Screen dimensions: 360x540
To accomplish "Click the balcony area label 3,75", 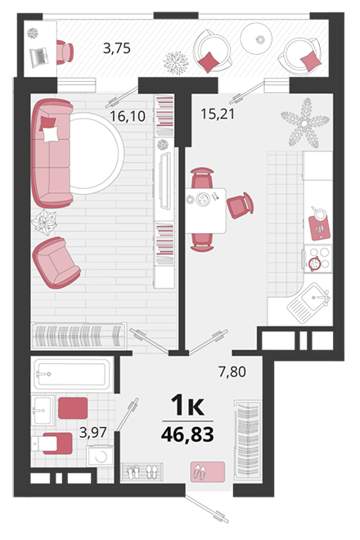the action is click(117, 48).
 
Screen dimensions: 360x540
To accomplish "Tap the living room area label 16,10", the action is click(128, 116).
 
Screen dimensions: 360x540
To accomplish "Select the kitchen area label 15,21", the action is click(218, 114).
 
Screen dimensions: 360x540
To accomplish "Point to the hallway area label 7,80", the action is click(232, 371).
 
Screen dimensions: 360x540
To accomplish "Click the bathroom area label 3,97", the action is click(92, 432).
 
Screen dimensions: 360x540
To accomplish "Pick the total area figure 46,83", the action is click(187, 434).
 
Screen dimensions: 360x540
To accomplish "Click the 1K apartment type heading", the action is click(187, 405).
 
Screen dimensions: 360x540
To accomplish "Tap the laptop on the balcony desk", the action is click(39, 57).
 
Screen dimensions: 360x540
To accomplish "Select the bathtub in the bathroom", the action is click(73, 374).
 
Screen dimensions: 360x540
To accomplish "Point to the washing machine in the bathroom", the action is click(100, 456).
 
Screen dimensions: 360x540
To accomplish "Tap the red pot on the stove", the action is click(314, 263).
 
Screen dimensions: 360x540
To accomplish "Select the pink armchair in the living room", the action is click(56, 263).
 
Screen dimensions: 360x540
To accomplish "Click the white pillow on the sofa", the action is click(51, 134).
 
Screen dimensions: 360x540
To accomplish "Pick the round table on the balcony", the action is click(256, 38).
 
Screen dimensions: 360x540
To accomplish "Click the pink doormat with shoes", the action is click(208, 472).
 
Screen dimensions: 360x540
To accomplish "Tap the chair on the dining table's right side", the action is click(240, 205).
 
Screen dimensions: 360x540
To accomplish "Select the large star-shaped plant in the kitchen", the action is click(305, 123).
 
